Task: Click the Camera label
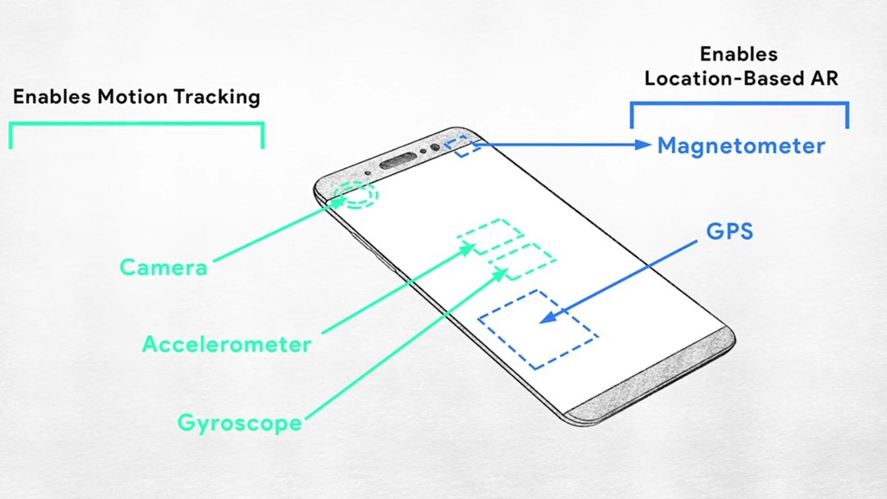tap(164, 267)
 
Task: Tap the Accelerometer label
tap(226, 344)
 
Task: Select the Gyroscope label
tap(240, 423)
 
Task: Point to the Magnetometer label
tap(741, 146)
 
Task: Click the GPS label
tap(729, 231)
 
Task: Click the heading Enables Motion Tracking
tap(136, 96)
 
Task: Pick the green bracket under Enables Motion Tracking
tap(136, 125)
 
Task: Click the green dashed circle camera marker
tap(358, 195)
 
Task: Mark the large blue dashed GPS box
tap(538, 327)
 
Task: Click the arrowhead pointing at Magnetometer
tap(643, 145)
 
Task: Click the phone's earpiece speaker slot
tap(398, 159)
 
